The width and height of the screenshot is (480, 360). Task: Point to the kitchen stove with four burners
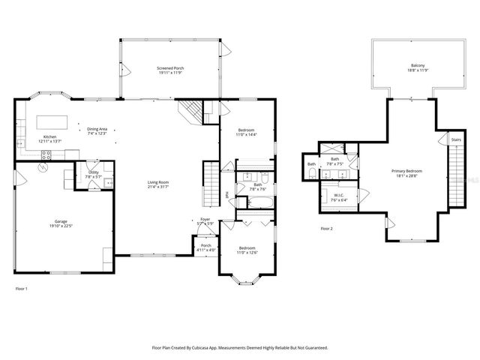(46, 155)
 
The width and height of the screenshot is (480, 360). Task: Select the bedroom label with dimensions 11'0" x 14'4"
(247, 133)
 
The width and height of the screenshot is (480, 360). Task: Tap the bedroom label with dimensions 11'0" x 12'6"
(247, 250)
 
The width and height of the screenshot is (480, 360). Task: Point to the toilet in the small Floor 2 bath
(313, 173)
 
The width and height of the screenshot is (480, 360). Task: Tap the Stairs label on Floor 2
(456, 139)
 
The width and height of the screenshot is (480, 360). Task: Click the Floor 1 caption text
(21, 288)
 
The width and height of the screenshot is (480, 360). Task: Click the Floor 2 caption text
(325, 228)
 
